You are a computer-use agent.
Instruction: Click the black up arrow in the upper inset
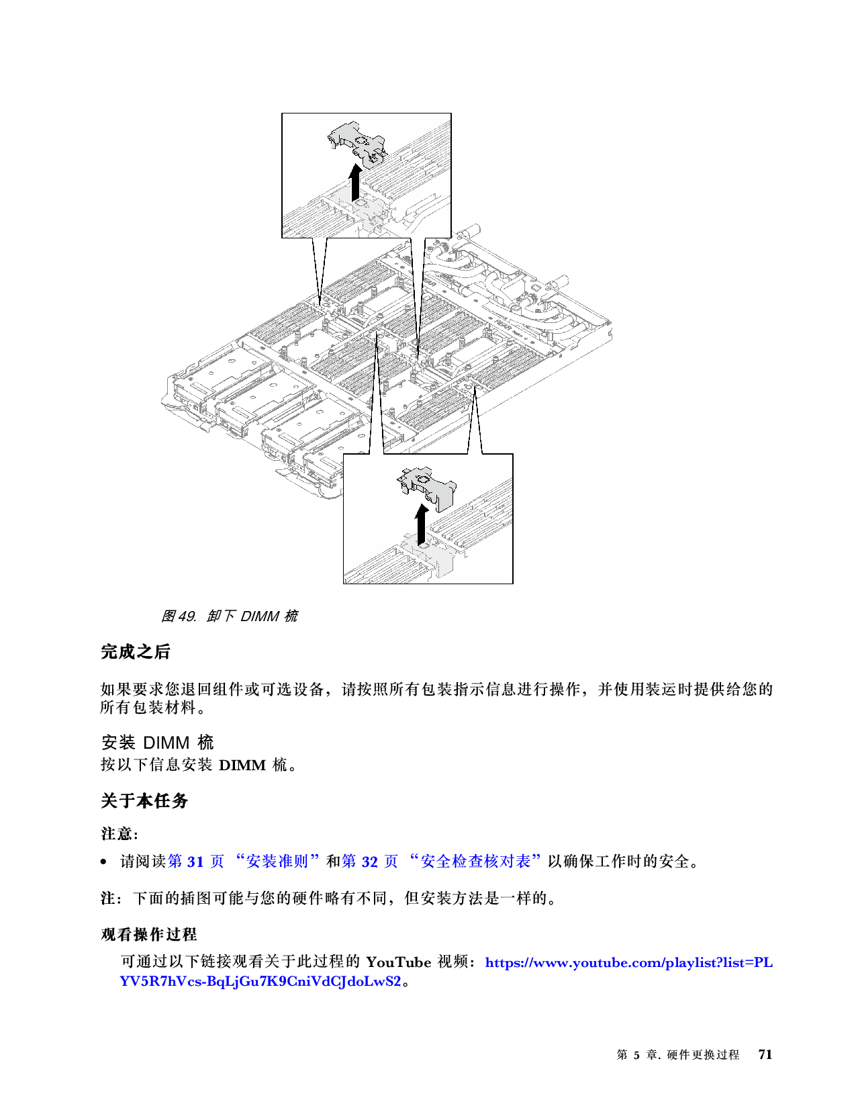pos(354,183)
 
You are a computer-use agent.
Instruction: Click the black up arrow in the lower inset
pos(422,524)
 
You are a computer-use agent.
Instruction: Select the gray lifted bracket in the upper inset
pos(356,143)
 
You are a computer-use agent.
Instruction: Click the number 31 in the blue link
pos(195,862)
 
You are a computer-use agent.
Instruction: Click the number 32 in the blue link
pos(369,862)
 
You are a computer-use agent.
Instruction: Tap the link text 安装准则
pos(277,862)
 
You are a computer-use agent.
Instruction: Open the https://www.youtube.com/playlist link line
pos(628,963)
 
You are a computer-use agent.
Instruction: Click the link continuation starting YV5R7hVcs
pos(260,981)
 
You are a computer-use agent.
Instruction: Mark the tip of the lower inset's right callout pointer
pos(475,391)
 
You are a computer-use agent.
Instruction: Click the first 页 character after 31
pos(217,862)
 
